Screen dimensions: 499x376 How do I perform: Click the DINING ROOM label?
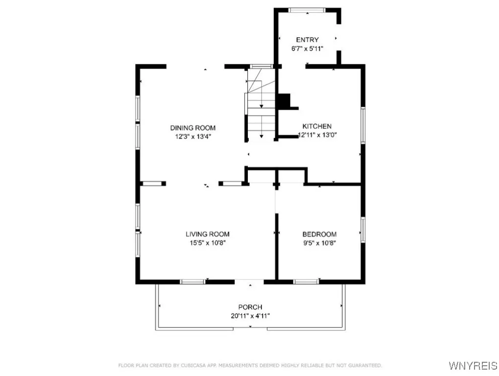point(193,128)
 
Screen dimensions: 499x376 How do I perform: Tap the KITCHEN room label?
point(317,126)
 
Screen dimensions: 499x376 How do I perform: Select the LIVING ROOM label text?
point(208,234)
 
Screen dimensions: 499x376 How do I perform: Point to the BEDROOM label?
point(319,235)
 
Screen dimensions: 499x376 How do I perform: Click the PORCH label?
point(250,307)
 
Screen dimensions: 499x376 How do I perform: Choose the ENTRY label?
point(308,40)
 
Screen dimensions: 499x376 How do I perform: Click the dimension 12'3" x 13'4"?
point(193,137)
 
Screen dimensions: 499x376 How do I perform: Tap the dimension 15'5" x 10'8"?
point(208,243)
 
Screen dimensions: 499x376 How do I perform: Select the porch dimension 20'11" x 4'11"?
point(250,316)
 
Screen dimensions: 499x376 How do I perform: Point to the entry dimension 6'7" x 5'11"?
point(308,48)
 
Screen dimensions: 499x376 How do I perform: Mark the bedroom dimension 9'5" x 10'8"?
point(319,243)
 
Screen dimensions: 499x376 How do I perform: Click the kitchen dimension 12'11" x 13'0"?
point(317,135)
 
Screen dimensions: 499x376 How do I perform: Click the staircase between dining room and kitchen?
point(261,103)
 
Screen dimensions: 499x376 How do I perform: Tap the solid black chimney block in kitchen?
point(285,101)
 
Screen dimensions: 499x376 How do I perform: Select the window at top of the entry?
point(307,10)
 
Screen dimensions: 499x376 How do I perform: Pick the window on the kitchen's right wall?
point(363,124)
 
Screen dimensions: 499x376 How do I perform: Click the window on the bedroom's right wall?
point(363,230)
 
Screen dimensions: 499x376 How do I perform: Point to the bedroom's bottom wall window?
point(306,282)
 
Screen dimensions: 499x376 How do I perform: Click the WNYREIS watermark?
point(473,366)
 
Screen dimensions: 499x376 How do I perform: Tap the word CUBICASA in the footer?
point(194,366)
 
